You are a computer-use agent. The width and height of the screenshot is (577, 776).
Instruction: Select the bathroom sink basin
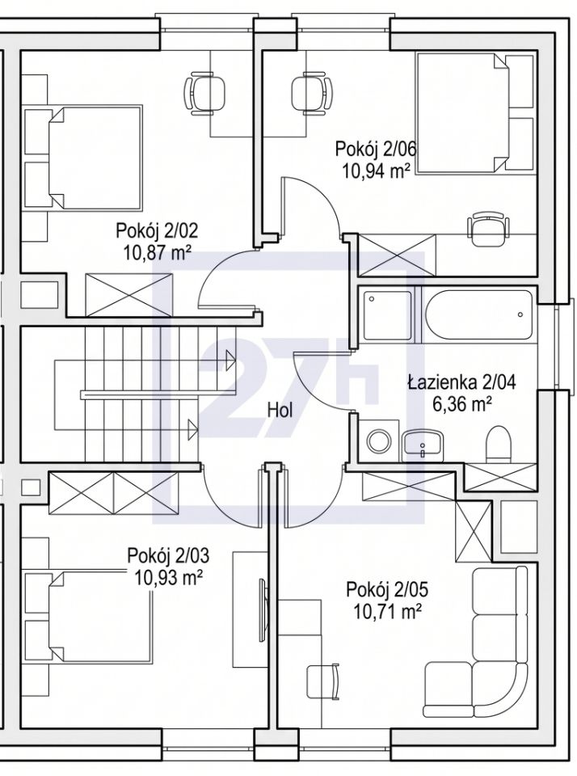423,442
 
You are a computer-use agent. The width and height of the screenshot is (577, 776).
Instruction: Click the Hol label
280,410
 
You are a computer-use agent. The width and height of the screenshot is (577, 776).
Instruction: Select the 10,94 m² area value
376,171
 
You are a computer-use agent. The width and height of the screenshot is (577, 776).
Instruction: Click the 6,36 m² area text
462,405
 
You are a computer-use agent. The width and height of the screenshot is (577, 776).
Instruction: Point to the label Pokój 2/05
387,590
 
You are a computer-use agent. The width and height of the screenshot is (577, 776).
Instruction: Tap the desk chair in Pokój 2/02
204,94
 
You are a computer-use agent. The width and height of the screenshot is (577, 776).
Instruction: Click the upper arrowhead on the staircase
230,361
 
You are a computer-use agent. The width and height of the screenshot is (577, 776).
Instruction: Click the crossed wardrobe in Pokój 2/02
129,294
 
